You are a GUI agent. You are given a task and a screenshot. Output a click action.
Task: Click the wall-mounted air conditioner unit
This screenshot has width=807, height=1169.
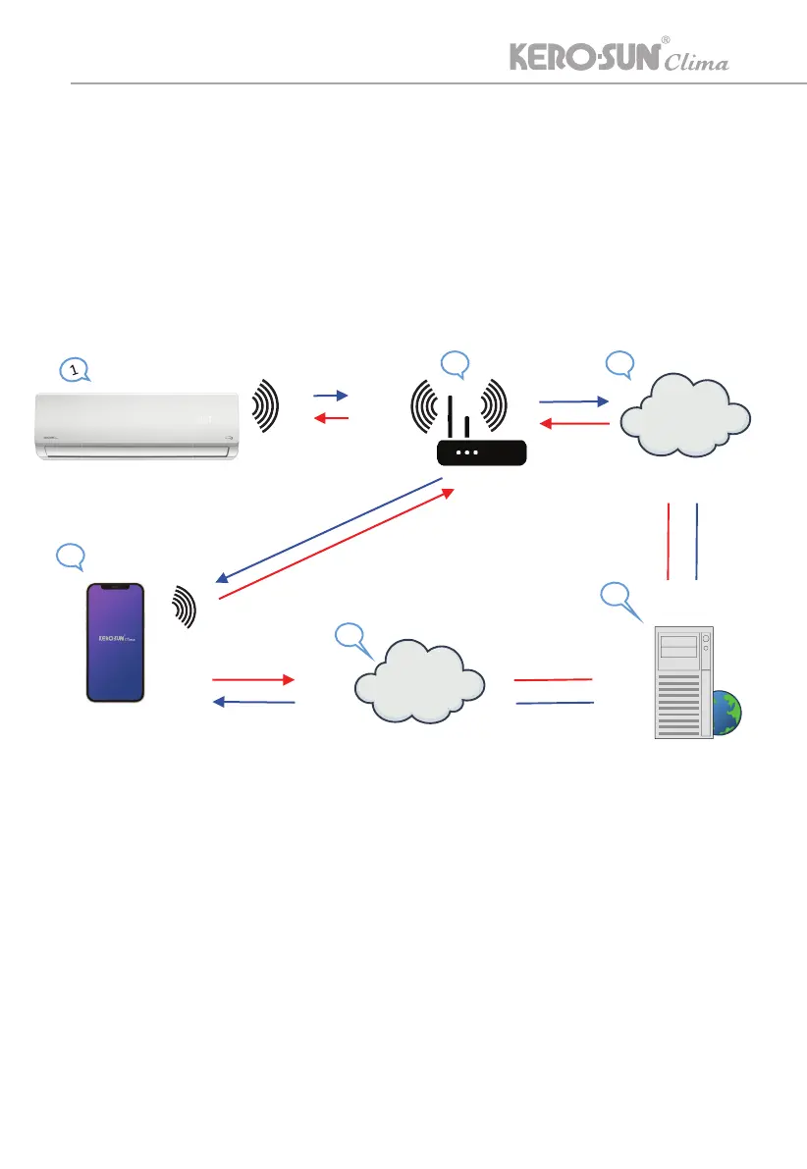pos(137,424)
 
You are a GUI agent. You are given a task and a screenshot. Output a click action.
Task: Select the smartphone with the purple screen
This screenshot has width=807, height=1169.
pos(116,642)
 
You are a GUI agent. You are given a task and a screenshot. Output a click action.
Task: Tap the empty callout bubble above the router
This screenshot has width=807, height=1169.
pos(456,363)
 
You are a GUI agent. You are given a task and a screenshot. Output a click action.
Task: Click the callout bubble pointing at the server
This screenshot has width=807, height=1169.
pos(615,596)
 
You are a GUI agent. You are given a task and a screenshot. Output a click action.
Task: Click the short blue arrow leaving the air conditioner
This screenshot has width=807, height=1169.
pos(331,395)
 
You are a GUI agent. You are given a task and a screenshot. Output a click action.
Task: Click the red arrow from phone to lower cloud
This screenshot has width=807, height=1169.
pos(252,679)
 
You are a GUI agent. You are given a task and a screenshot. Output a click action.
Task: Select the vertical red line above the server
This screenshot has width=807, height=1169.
pos(669,541)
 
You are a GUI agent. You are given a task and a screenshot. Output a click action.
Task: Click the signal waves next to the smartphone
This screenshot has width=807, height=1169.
pos(185,607)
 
